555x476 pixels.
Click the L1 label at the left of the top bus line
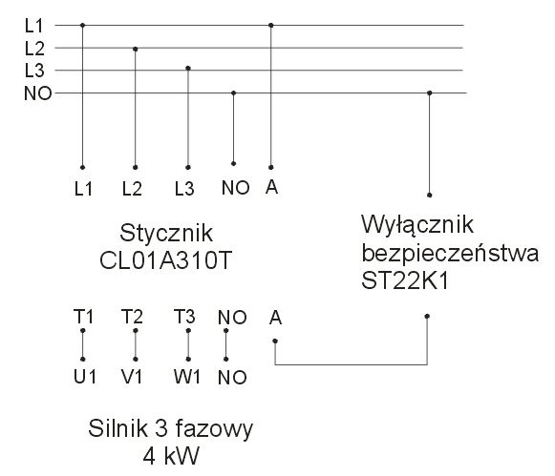click(x=33, y=26)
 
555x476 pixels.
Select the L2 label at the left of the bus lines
click(x=34, y=49)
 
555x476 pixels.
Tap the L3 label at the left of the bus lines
click(x=34, y=71)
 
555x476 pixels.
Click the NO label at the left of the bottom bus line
click(x=38, y=93)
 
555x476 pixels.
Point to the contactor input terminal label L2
click(x=132, y=189)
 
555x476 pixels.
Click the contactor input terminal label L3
click(x=184, y=189)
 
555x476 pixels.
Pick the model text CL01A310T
click(x=165, y=260)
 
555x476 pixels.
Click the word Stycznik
click(x=166, y=233)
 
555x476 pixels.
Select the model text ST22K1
click(x=405, y=281)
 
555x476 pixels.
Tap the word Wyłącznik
click(x=417, y=225)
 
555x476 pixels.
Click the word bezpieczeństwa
click(x=450, y=253)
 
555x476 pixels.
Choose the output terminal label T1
click(x=83, y=317)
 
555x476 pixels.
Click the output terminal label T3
click(x=184, y=317)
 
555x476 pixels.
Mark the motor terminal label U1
click(x=85, y=377)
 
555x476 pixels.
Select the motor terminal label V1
click(x=132, y=377)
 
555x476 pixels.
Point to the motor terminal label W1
click(x=187, y=377)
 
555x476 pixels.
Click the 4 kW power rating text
click(x=171, y=456)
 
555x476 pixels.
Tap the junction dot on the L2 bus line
click(x=136, y=49)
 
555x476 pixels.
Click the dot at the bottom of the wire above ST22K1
click(x=429, y=195)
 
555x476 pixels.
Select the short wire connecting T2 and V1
click(x=136, y=345)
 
